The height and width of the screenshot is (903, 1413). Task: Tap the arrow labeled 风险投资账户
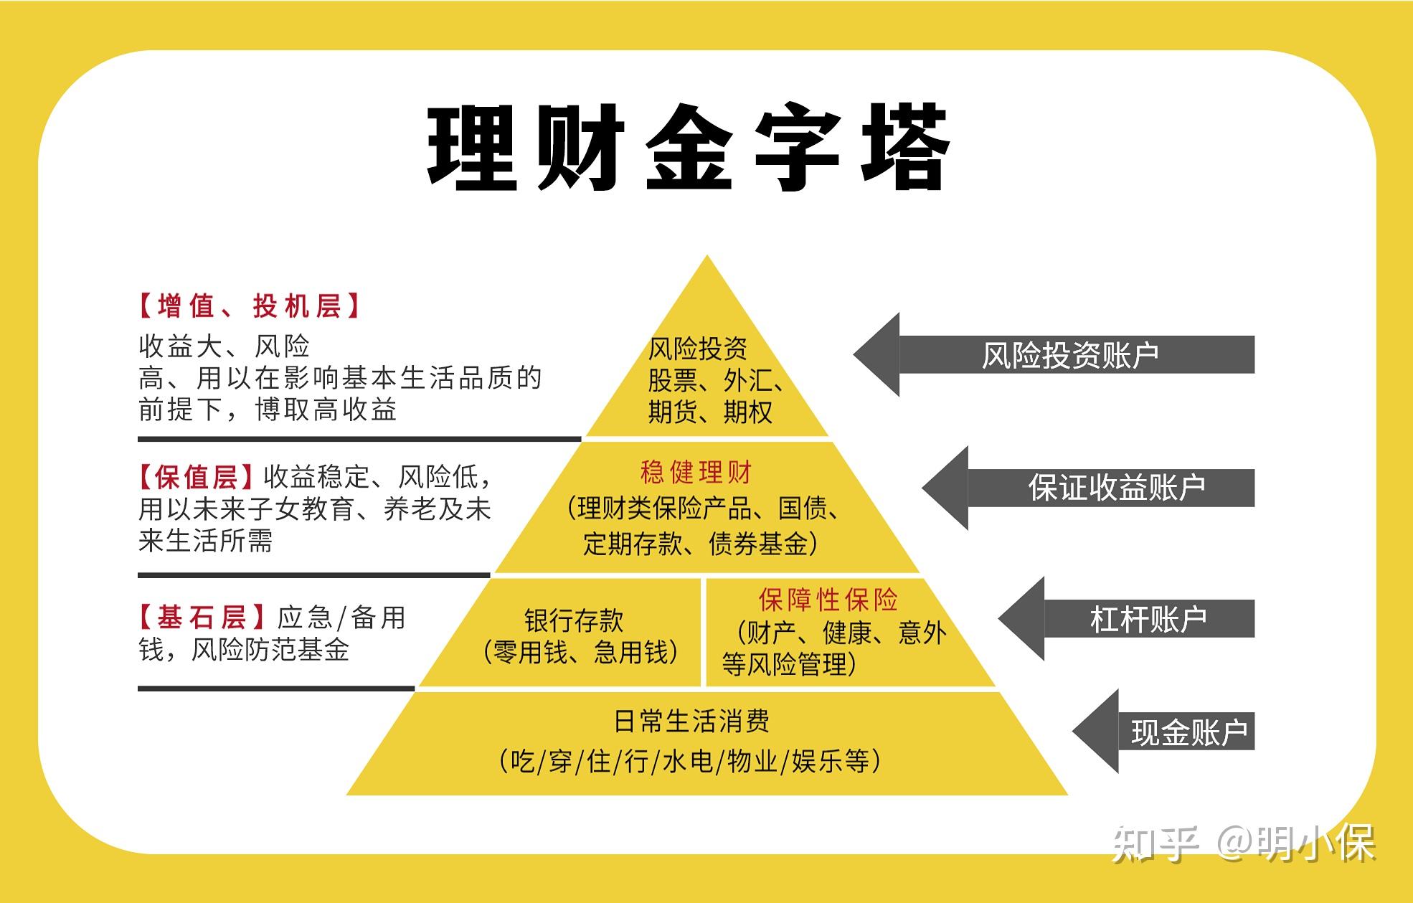1054,354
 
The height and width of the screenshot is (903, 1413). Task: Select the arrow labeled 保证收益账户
1088,488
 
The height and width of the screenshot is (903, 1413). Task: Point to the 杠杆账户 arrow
1126,618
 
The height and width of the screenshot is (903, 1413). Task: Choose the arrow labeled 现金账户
1163,732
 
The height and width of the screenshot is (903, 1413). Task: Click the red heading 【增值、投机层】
248,306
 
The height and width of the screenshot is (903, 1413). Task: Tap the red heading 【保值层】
195,477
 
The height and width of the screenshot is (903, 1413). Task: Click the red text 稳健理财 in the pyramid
696,473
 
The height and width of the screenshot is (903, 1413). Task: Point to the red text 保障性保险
828,600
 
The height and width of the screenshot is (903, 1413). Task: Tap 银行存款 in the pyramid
574,620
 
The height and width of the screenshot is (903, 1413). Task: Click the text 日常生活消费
692,721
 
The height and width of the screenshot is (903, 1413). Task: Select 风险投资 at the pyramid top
698,349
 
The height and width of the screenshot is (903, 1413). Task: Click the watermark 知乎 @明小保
1244,843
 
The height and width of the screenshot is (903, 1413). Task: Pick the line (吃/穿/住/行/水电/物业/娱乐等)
690,761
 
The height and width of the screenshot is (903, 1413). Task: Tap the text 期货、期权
711,412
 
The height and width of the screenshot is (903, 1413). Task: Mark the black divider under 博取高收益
359,438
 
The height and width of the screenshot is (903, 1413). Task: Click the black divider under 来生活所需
314,575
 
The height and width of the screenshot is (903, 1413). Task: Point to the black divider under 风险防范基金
276,689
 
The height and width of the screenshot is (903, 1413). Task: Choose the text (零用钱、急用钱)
581,653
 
